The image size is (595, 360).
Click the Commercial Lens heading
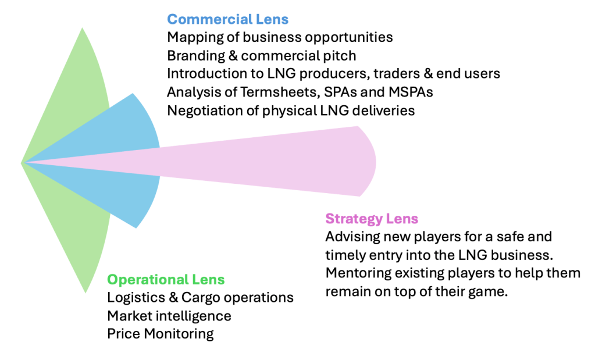pyautogui.click(x=227, y=19)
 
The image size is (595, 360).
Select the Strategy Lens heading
pyautogui.click(x=372, y=219)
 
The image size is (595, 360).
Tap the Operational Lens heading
pyautogui.click(x=166, y=280)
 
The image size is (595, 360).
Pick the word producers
pyautogui.click(x=339, y=74)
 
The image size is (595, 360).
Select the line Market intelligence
pyautogui.click(x=169, y=316)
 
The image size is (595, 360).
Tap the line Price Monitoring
pyautogui.click(x=161, y=334)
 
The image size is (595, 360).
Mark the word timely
pyautogui.click(x=345, y=255)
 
